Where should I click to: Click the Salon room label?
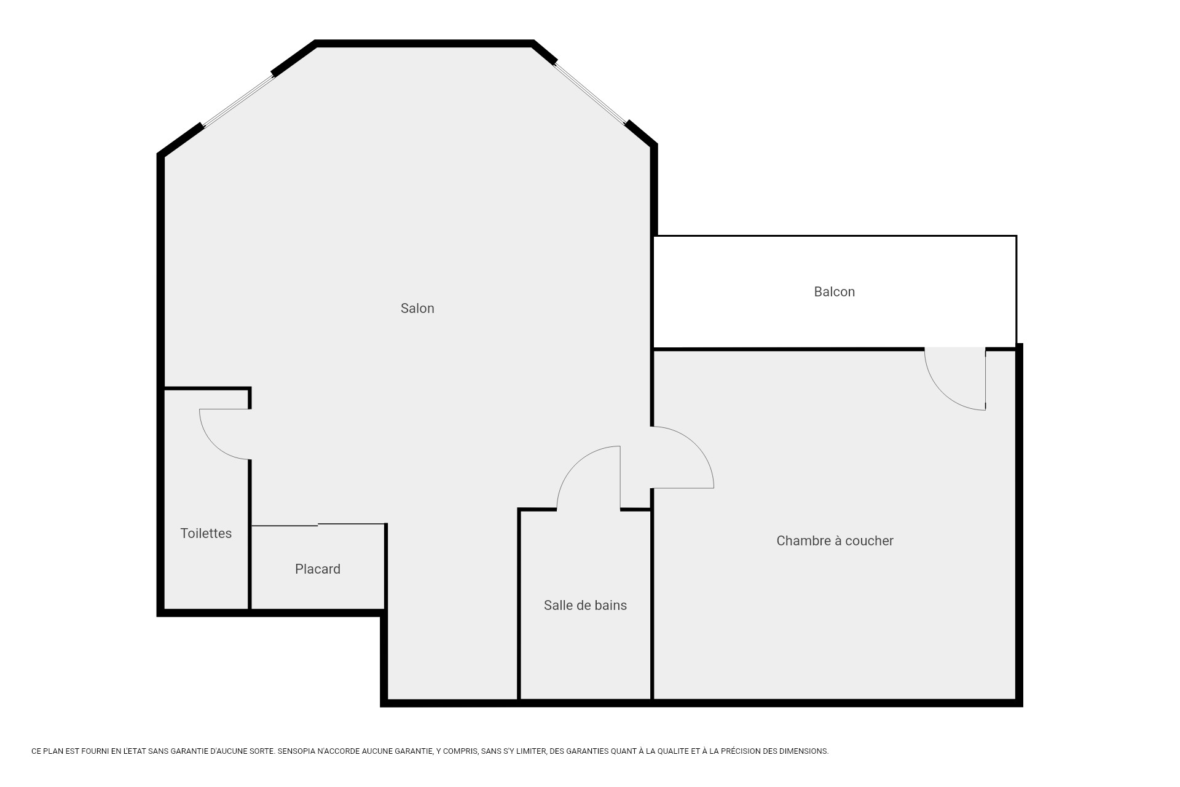[417, 309]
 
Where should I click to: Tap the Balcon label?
[834, 292]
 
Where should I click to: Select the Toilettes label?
[206, 534]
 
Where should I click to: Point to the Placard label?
[318, 569]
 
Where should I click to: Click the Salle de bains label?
[585, 606]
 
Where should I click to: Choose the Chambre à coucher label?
[835, 541]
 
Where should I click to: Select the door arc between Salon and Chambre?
[696, 445]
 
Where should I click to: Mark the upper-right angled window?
[591, 93]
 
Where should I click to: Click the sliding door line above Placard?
[318, 525]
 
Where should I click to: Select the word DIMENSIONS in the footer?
[804, 751]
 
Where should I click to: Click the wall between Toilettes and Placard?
[250, 535]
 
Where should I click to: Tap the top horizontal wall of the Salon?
[424, 44]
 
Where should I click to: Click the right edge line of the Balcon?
[1016, 291]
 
